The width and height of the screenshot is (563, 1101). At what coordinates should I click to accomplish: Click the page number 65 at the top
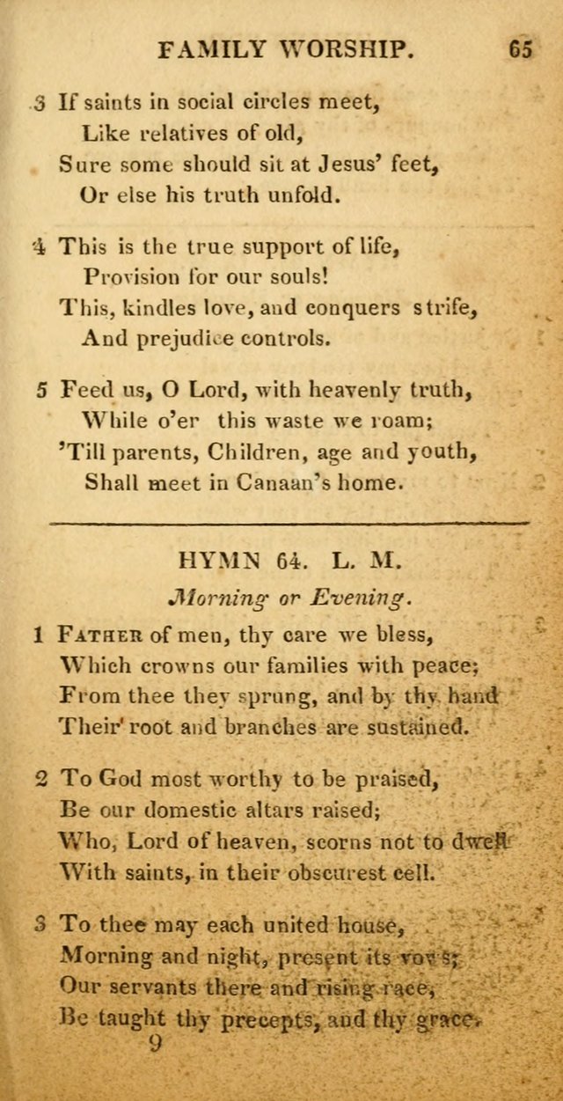520,49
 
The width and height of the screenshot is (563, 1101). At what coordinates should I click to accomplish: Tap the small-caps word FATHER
100,635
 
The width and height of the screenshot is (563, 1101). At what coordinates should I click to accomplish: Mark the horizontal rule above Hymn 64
289,523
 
